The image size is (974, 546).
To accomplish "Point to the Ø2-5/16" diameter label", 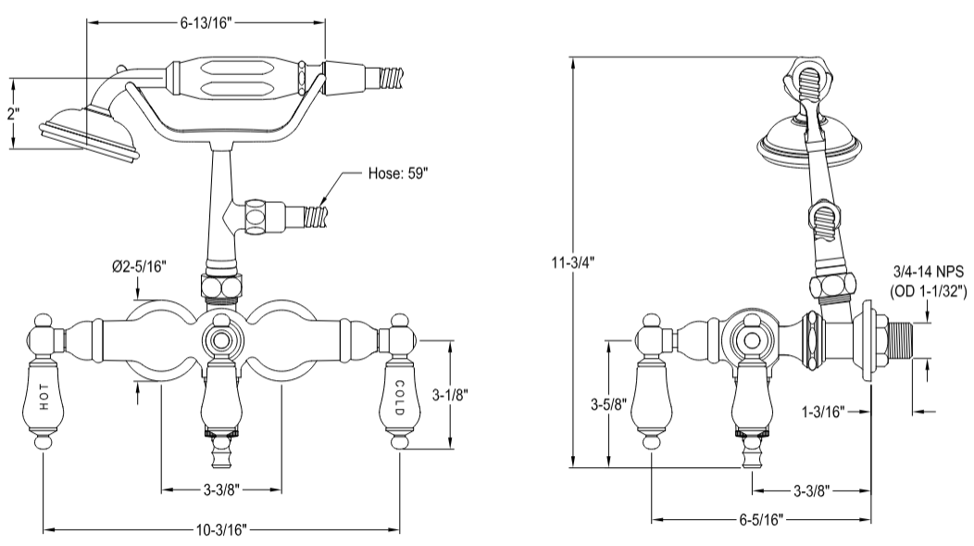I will (138, 267).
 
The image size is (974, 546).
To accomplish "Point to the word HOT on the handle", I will (44, 396).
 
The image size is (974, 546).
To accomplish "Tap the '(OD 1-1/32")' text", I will (929, 291).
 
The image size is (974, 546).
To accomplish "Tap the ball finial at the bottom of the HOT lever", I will (44, 446).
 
